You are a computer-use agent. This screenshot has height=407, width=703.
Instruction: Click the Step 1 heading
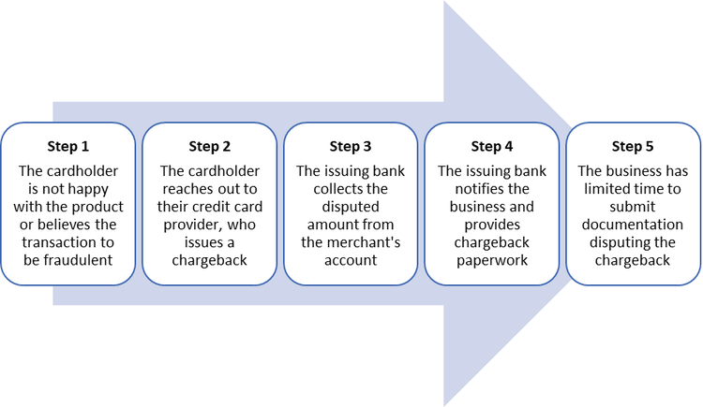tap(68, 146)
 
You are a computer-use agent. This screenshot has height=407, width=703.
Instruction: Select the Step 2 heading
tap(209, 146)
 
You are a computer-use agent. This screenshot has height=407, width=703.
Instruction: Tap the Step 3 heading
tap(351, 146)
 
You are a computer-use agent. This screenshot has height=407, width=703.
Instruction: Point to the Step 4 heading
tap(492, 146)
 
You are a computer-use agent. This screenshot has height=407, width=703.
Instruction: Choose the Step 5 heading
tap(633, 146)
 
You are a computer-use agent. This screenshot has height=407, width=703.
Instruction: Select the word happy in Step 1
tap(87, 189)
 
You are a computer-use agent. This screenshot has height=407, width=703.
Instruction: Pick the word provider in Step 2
tap(190, 225)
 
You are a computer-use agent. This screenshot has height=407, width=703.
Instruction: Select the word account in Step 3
tap(351, 261)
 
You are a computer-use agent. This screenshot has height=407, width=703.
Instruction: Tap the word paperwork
tap(492, 261)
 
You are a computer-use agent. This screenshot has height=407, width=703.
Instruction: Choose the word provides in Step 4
tap(492, 225)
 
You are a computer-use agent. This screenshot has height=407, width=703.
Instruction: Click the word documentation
tap(633, 225)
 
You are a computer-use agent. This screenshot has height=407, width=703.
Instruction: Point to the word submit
tap(633, 207)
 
